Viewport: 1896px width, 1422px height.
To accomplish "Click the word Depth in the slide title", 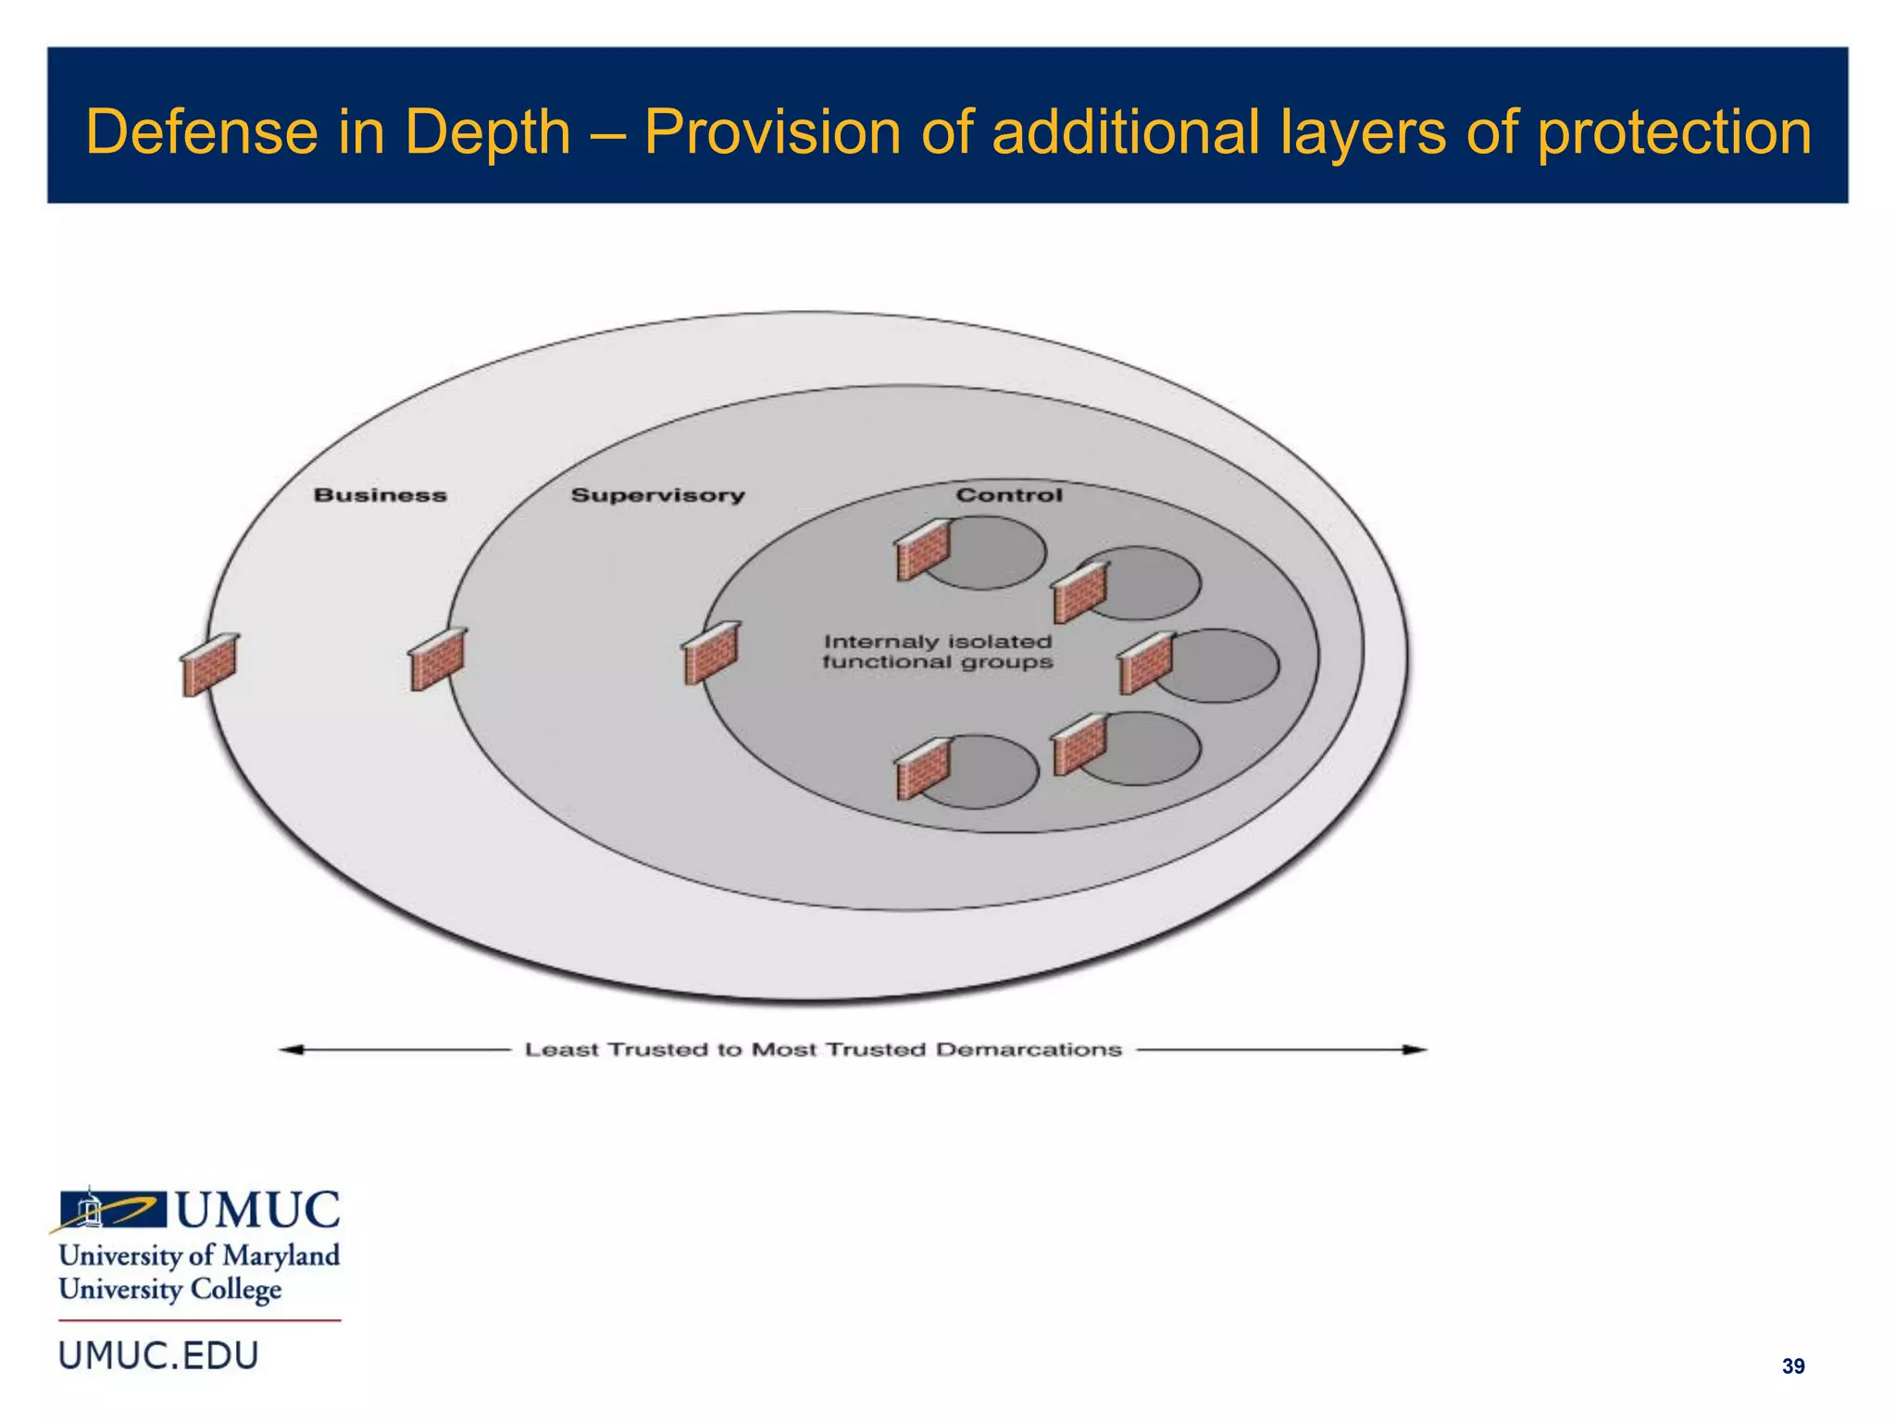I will (x=488, y=132).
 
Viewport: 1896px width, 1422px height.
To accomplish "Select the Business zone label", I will (x=380, y=495).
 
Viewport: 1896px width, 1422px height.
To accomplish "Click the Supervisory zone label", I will (x=657, y=495).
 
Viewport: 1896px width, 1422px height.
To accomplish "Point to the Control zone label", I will (x=1009, y=495).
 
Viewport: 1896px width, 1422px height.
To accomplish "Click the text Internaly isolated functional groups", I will (x=938, y=652).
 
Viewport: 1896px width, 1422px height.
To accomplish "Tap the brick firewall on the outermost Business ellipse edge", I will (x=209, y=664).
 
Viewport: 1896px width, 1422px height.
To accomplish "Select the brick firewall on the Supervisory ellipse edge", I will (x=437, y=658).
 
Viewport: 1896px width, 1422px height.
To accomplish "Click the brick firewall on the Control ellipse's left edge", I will (x=710, y=652).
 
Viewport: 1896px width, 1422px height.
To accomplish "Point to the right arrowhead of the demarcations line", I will (x=1416, y=1049).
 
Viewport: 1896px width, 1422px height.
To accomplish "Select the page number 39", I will (x=1792, y=1366).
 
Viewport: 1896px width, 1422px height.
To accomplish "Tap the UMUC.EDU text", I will (x=158, y=1356).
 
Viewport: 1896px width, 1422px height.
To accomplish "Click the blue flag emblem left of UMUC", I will (x=111, y=1209).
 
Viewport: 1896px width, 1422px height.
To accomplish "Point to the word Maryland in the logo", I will (x=281, y=1256).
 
